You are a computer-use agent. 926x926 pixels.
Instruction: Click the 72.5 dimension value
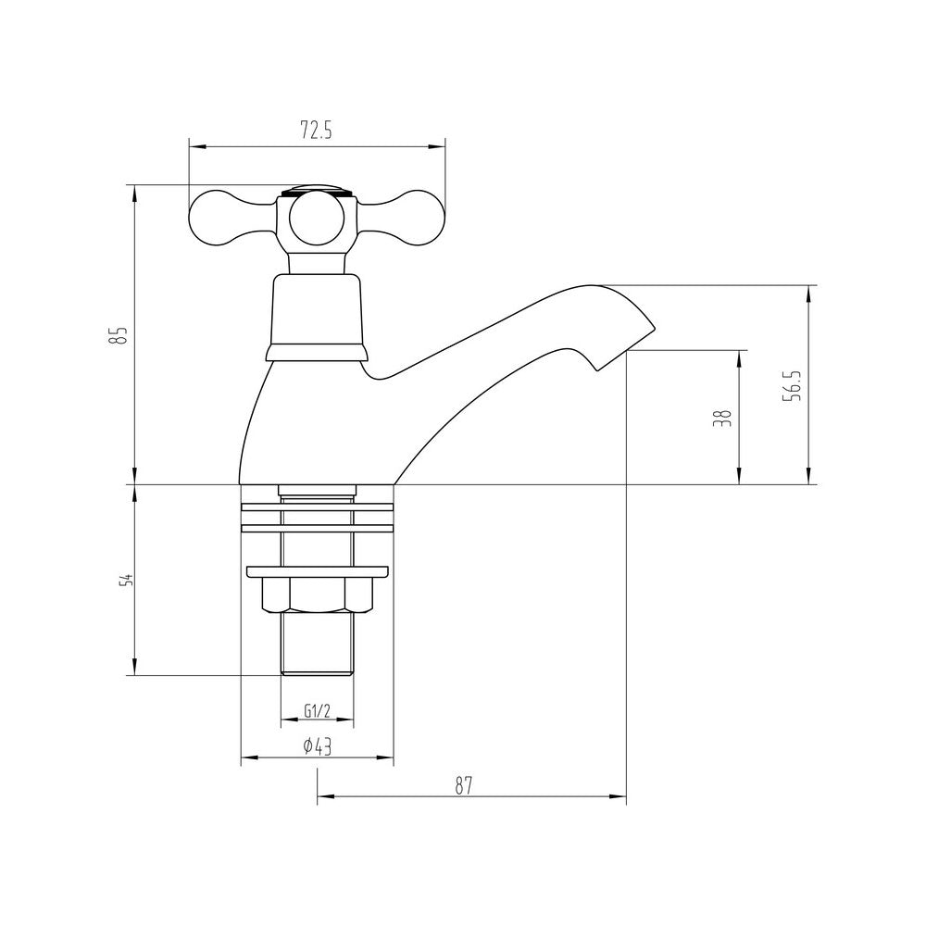pyautogui.click(x=316, y=131)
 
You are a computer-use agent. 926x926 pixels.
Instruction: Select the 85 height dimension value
pyautogui.click(x=118, y=334)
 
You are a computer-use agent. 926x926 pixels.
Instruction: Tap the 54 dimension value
pyautogui.click(x=127, y=581)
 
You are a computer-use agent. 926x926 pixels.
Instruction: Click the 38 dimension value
pyautogui.click(x=724, y=418)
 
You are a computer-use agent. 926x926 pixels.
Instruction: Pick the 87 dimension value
pyautogui.click(x=464, y=784)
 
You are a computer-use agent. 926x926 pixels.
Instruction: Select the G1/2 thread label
pyautogui.click(x=317, y=711)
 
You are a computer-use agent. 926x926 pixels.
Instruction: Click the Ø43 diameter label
pyautogui.click(x=317, y=747)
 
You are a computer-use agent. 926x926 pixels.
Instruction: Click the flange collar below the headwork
pyautogui.click(x=317, y=352)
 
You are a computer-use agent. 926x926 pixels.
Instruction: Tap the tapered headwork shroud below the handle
pyautogui.click(x=317, y=309)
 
